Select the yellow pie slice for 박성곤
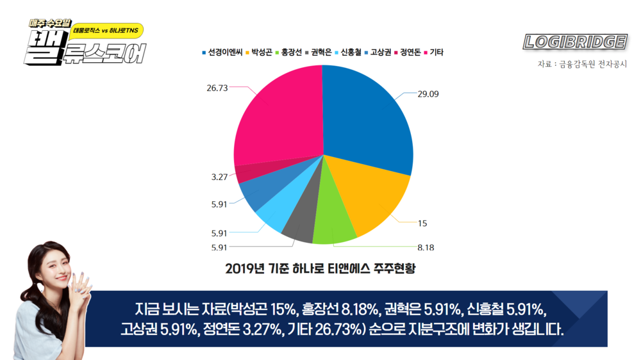(372, 199)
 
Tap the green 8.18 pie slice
(333, 224)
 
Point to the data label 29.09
(428, 94)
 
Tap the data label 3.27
(220, 176)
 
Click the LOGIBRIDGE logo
(575, 42)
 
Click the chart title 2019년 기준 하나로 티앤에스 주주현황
(320, 268)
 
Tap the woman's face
(51, 266)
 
